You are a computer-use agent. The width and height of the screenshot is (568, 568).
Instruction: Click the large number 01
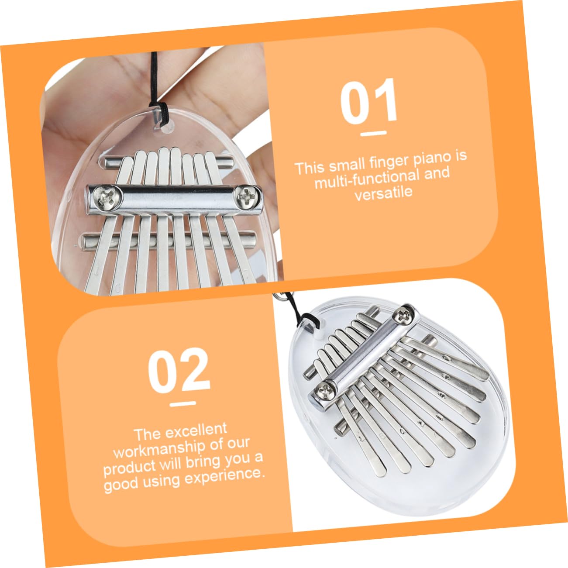[369, 102]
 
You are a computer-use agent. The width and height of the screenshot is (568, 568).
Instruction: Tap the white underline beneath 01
[374, 133]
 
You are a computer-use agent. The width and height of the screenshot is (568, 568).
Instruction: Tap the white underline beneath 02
[182, 403]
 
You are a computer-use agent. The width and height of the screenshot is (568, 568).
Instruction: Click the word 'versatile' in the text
[383, 193]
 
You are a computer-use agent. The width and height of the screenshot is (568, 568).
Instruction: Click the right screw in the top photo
[246, 195]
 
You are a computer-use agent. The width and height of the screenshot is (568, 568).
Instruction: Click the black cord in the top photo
[154, 83]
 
